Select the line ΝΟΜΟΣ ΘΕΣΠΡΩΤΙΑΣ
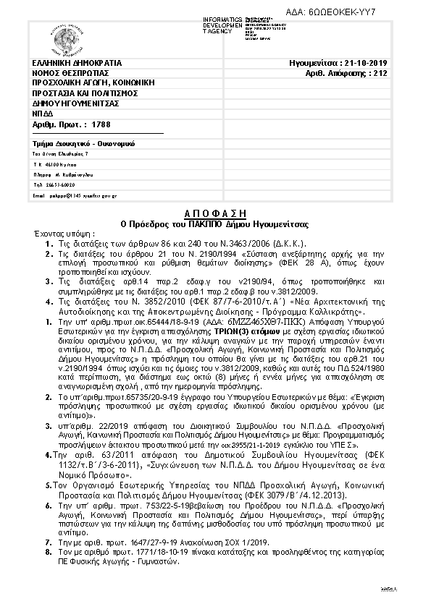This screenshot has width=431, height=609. tap(71, 73)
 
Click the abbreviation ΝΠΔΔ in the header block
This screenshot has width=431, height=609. tap(43, 114)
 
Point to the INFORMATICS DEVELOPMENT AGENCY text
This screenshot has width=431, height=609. tap(222, 25)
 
